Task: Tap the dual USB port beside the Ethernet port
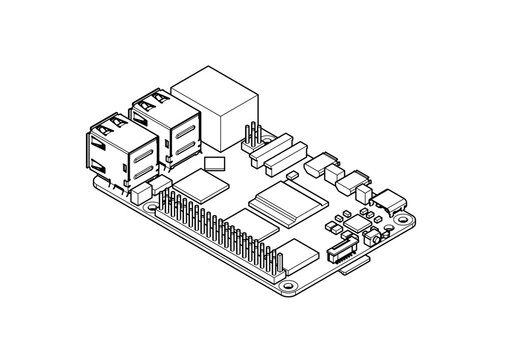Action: pos(165,121)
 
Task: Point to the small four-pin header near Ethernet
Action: pos(251,140)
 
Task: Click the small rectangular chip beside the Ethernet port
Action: pos(214,163)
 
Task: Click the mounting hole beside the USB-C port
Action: pos(399,217)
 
